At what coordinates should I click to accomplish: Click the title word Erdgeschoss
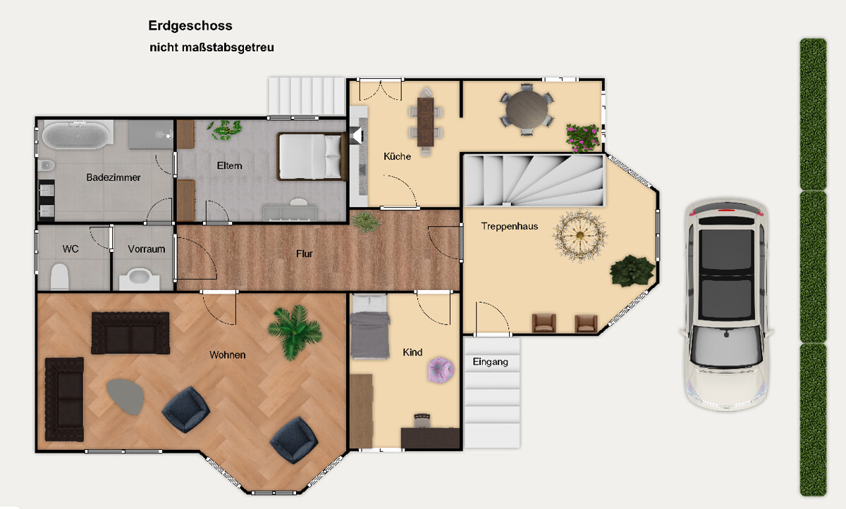190,26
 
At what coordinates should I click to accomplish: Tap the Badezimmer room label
114,177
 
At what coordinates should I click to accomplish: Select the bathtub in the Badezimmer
76,133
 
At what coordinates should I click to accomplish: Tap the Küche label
397,156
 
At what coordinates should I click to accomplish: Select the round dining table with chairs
527,110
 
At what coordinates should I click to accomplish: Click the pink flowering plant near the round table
582,137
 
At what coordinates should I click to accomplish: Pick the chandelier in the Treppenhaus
580,236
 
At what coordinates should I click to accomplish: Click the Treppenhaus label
510,226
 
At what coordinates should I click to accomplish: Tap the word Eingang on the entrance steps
491,362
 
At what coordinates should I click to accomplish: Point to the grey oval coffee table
125,396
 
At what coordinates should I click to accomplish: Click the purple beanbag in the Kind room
441,369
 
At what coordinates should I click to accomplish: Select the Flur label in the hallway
304,253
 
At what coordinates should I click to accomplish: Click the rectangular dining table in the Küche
425,121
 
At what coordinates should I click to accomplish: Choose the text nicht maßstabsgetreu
211,48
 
